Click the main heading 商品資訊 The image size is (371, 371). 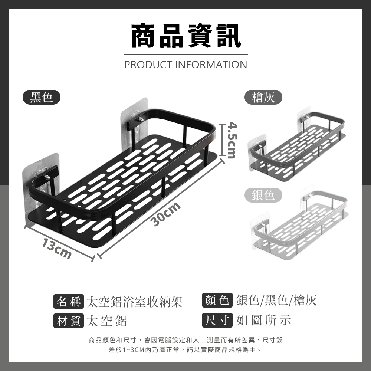[x=186, y=36]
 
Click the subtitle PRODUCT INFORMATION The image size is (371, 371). [x=186, y=65]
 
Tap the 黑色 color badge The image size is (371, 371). [x=42, y=97]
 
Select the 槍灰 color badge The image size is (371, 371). [x=263, y=97]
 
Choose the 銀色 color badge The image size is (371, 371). [x=263, y=195]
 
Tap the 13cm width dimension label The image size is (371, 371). [x=57, y=249]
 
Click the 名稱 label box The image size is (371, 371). [x=69, y=301]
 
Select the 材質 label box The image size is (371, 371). [x=69, y=321]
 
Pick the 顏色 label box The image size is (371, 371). [x=217, y=300]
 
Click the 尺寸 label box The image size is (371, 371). [x=217, y=320]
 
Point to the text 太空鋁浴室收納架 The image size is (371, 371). [x=134, y=302]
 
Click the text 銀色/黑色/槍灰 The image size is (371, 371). [x=276, y=300]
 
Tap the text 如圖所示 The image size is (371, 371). [x=263, y=321]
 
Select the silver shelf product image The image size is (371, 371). [x=299, y=223]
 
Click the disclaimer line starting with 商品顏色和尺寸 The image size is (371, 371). [x=186, y=340]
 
